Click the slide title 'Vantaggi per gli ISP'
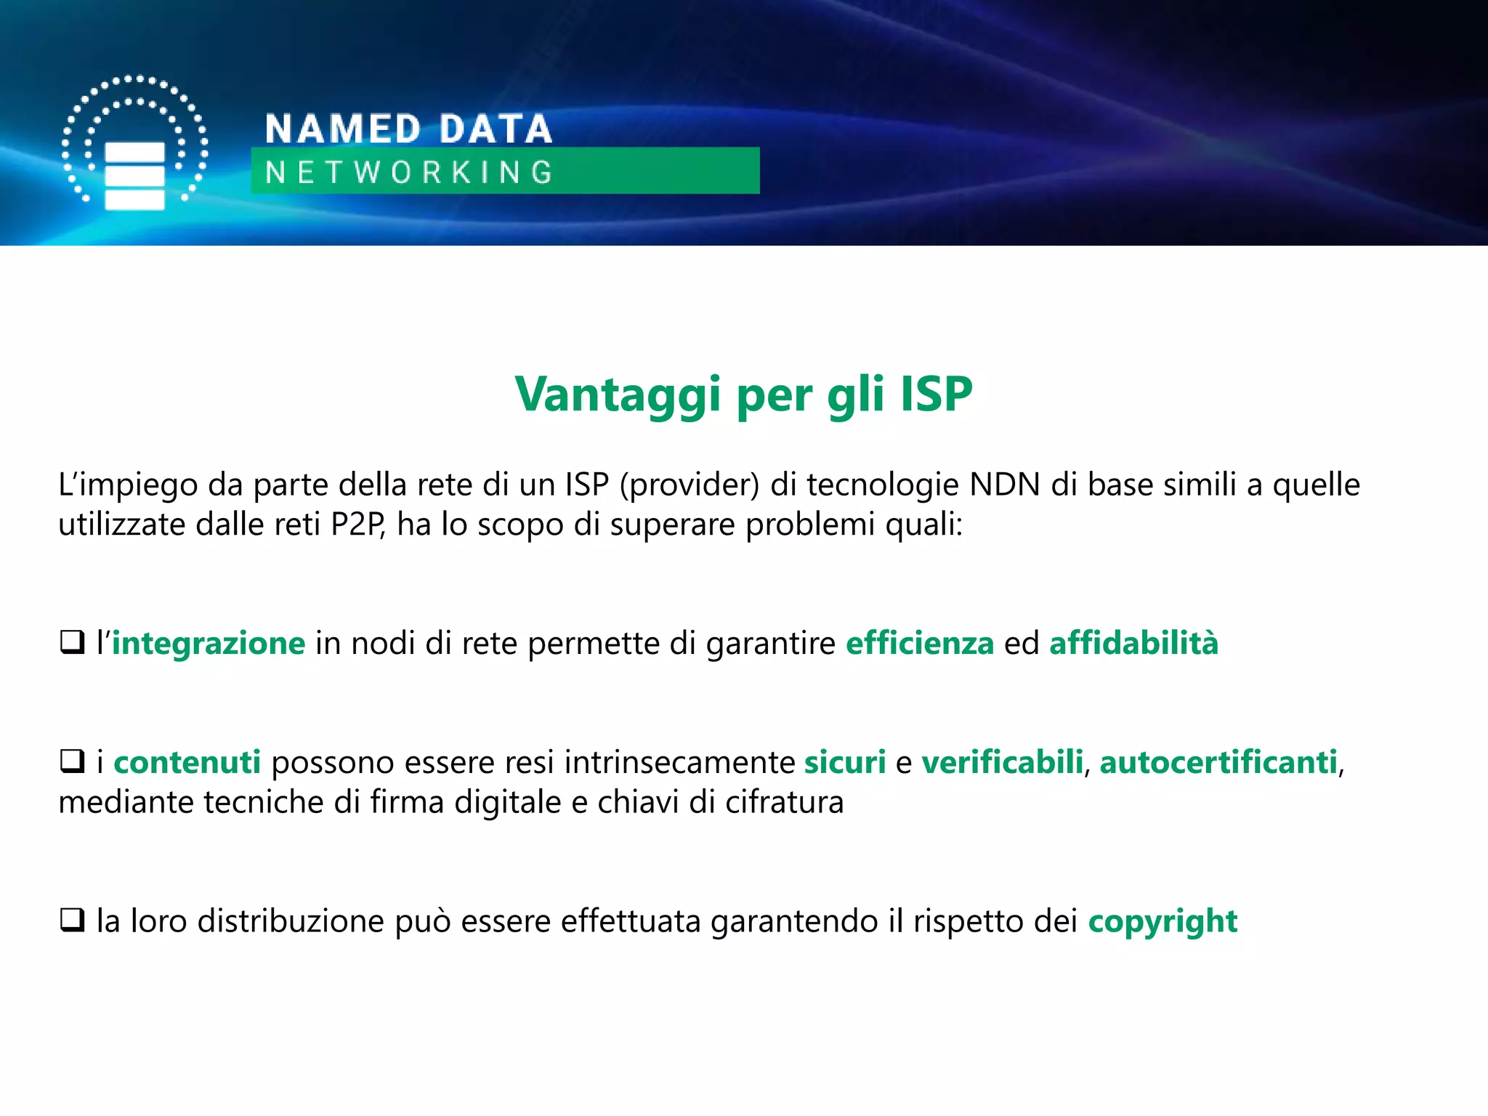pos(743,395)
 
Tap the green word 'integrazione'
pos(209,644)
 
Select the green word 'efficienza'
pos(920,644)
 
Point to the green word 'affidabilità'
pos(1133,644)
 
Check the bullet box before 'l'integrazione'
pos(72,642)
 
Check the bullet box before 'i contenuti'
pos(72,761)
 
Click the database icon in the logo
pos(135,175)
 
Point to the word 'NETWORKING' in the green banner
pos(409,172)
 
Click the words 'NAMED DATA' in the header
pos(408,129)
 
